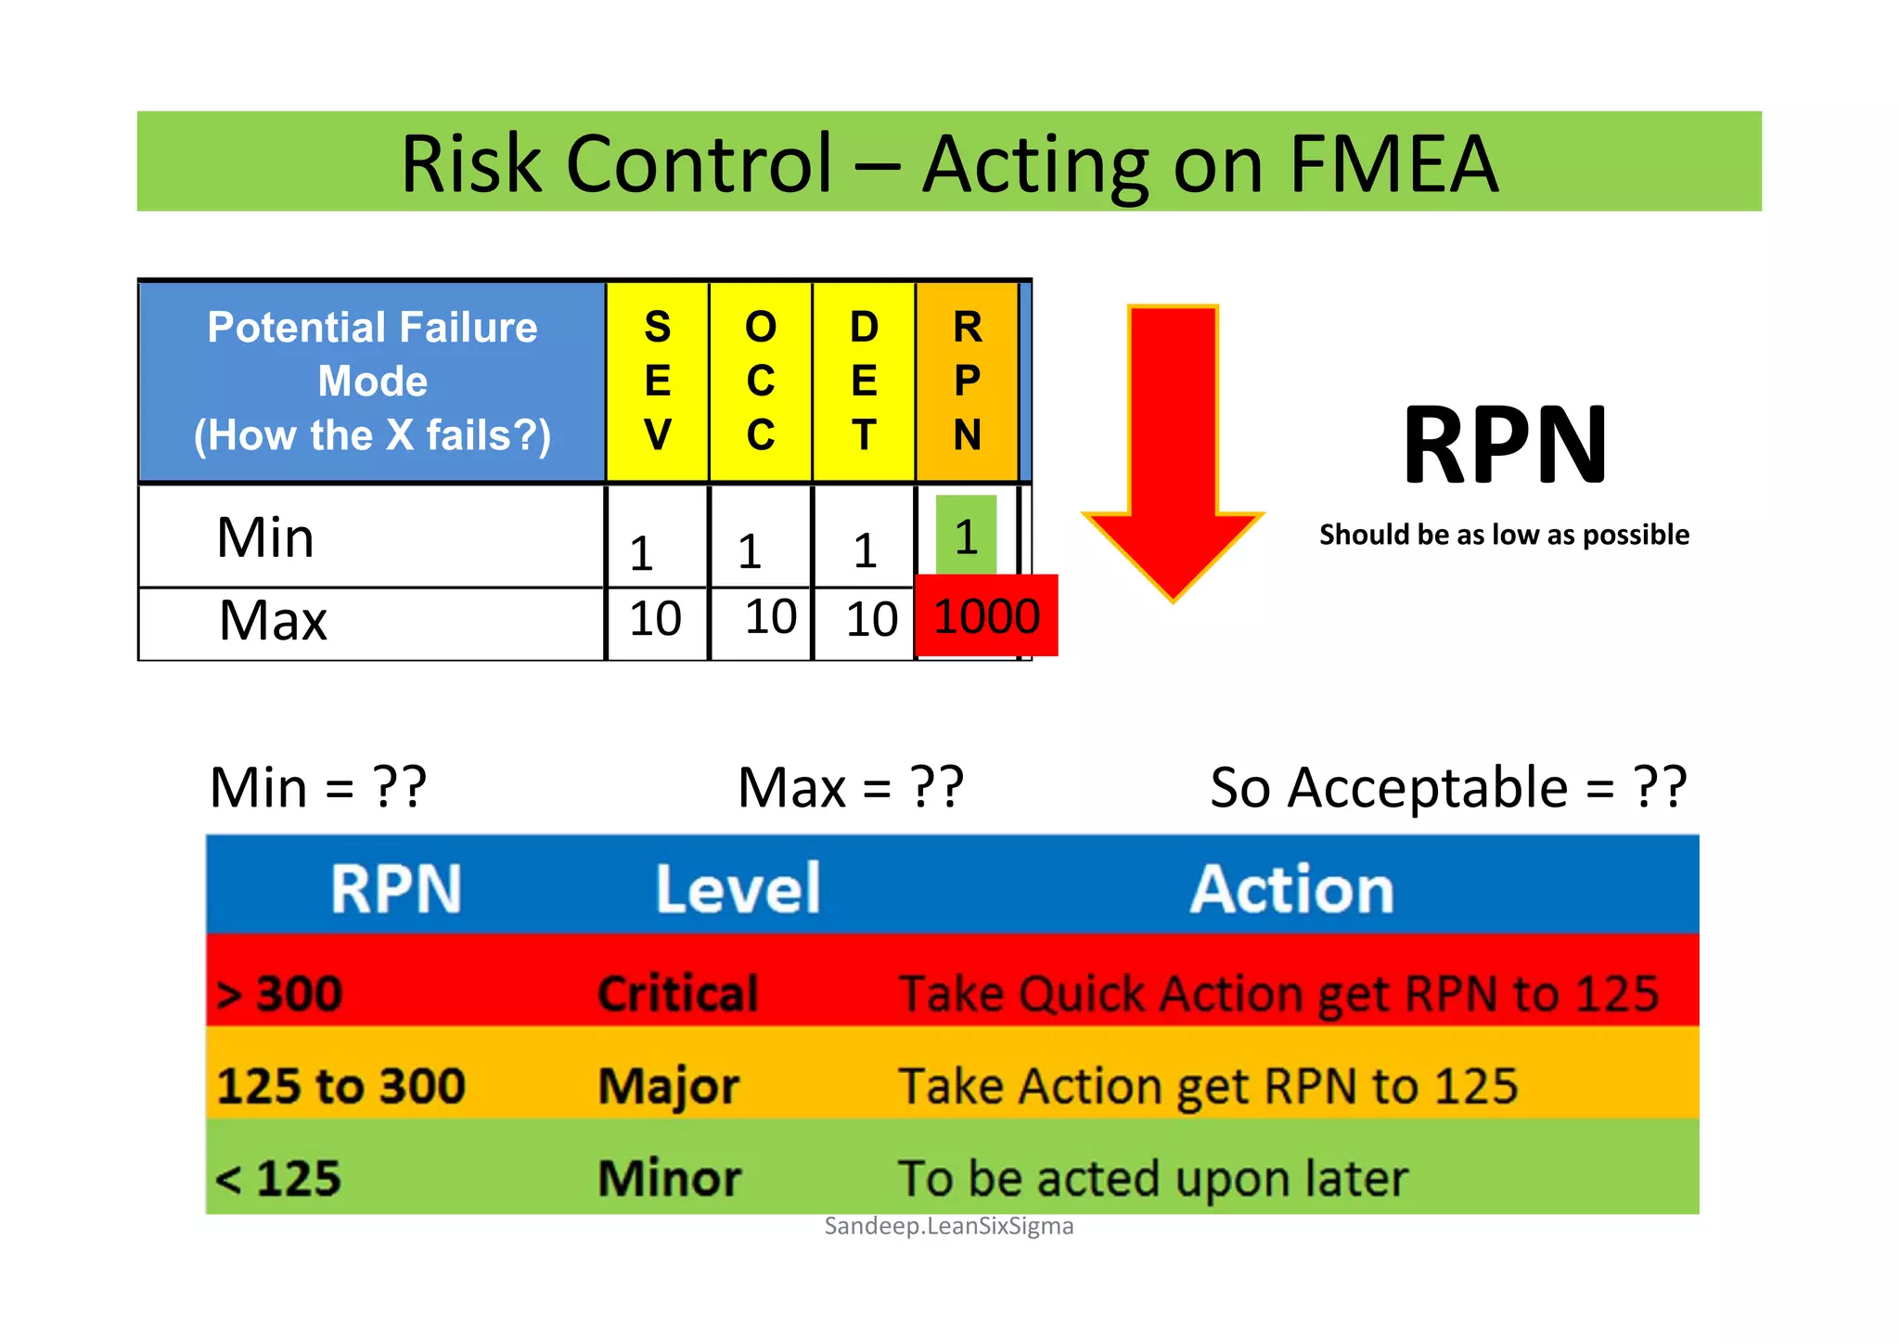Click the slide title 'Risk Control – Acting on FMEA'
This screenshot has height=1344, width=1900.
pos(948,163)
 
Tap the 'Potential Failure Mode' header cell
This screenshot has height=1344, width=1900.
pos(372,381)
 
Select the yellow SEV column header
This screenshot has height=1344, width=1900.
pos(657,381)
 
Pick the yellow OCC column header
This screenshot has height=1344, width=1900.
pos(761,381)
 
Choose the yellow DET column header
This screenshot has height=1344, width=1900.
pos(864,381)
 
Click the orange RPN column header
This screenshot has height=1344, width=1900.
pos(967,381)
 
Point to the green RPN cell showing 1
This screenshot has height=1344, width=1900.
pos(966,536)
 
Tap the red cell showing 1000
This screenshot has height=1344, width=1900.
pos(986,616)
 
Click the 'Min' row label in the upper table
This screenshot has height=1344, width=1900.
pos(265,537)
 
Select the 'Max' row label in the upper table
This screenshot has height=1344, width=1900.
pos(273,621)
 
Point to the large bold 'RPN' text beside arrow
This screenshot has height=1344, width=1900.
pos(1505,446)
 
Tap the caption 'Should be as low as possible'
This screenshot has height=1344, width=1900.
pos(1504,535)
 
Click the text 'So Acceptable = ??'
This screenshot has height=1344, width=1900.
pos(1447,788)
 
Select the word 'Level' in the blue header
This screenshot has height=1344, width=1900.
pos(738,889)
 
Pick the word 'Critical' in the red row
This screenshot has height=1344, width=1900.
pos(678,993)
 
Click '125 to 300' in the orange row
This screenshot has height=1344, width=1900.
pos(340,1086)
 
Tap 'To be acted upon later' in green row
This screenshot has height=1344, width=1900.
pos(1152,1179)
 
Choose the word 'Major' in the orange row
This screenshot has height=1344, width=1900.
pos(669,1086)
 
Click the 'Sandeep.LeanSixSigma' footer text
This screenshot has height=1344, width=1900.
pos(948,1226)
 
